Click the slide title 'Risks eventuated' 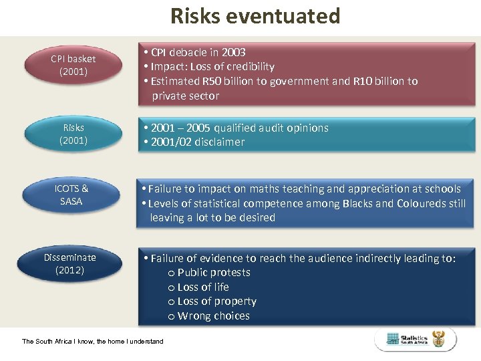[x=255, y=15]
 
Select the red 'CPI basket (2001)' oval [x=73, y=66]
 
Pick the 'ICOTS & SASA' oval [x=71, y=195]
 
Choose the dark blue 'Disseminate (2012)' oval [x=70, y=263]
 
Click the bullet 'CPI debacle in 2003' [x=198, y=52]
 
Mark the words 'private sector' [x=185, y=96]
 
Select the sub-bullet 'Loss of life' [x=203, y=287]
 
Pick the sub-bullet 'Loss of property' [x=216, y=301]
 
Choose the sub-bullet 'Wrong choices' [x=213, y=316]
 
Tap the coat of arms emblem [x=439, y=339]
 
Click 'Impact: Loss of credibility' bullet [x=212, y=66]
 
